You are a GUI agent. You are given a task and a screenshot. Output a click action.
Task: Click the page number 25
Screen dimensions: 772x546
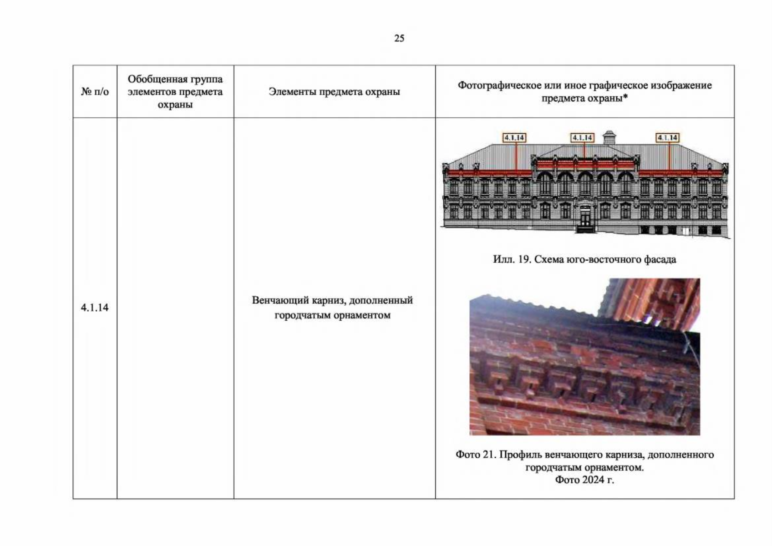click(x=399, y=38)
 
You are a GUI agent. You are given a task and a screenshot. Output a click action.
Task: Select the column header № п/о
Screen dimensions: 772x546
click(x=95, y=91)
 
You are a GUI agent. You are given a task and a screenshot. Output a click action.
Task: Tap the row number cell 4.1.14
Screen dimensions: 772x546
click(x=95, y=308)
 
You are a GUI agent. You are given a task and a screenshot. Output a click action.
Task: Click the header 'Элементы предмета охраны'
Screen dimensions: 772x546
click(x=334, y=91)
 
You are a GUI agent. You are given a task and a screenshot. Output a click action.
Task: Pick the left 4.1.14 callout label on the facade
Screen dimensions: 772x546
click(x=514, y=138)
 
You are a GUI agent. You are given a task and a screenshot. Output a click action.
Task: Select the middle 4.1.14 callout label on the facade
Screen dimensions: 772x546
click(x=582, y=138)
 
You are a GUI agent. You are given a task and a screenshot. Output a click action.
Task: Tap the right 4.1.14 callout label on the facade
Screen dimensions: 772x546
click(x=667, y=138)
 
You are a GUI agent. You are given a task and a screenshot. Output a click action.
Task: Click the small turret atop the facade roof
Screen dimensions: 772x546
click(x=609, y=137)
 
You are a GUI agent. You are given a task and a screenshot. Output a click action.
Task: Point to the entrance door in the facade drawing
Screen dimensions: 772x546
click(x=585, y=217)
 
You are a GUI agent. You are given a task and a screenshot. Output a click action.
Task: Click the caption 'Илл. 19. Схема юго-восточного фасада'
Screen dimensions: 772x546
click(x=584, y=259)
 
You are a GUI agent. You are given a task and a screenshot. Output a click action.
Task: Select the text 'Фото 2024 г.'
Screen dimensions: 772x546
click(x=584, y=480)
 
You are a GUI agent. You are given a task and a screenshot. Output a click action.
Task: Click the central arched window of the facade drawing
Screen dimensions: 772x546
click(x=585, y=183)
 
